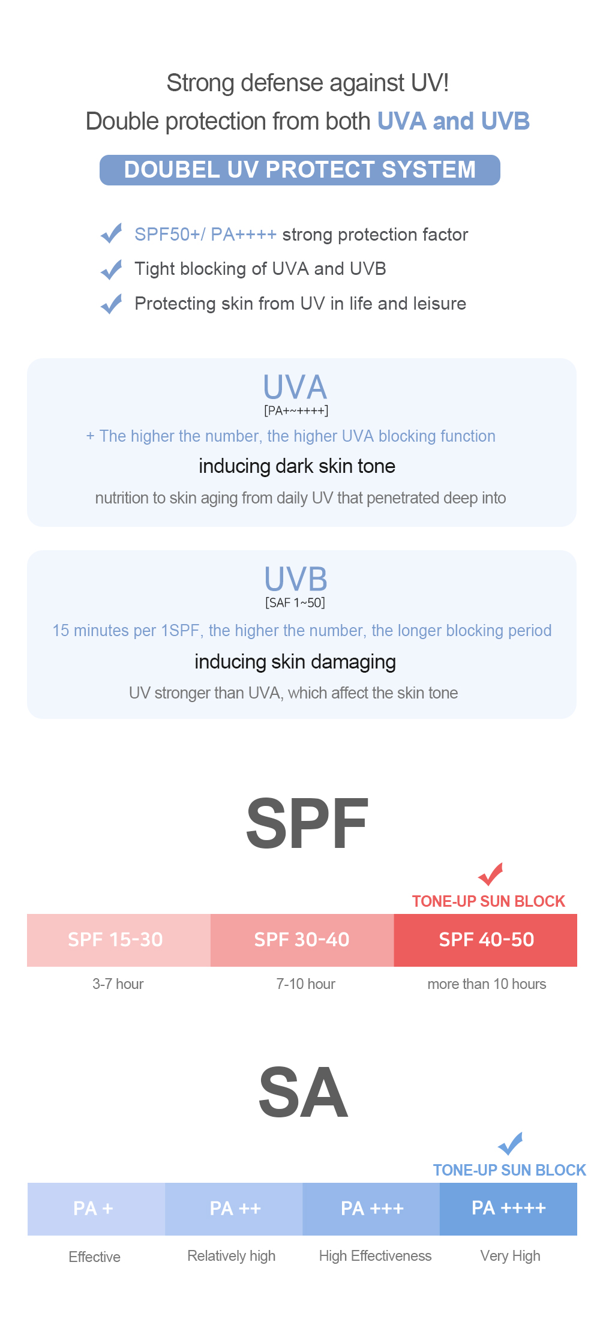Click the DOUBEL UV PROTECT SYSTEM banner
pyautogui.click(x=300, y=170)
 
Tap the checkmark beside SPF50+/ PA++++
pyautogui.click(x=112, y=233)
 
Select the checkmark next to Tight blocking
pyautogui.click(x=112, y=269)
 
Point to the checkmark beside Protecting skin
pyautogui.click(x=112, y=304)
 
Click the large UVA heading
pyautogui.click(x=295, y=387)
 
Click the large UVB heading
pyautogui.click(x=296, y=579)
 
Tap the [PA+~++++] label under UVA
pyautogui.click(x=296, y=411)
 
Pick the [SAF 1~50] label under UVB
pyautogui.click(x=295, y=603)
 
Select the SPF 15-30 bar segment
pyautogui.click(x=118, y=940)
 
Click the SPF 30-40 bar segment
pyautogui.click(x=302, y=940)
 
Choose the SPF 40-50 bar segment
pyautogui.click(x=485, y=940)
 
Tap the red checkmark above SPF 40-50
pyautogui.click(x=491, y=874)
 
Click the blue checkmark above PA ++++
pyautogui.click(x=511, y=1143)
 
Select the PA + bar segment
pyautogui.click(x=96, y=1209)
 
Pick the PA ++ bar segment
pyautogui.click(x=234, y=1209)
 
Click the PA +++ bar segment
pyautogui.click(x=371, y=1209)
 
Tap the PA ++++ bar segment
pyautogui.click(x=508, y=1209)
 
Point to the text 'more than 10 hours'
pyautogui.click(x=487, y=984)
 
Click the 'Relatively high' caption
pyautogui.click(x=232, y=1256)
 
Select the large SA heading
pyautogui.click(x=303, y=1093)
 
